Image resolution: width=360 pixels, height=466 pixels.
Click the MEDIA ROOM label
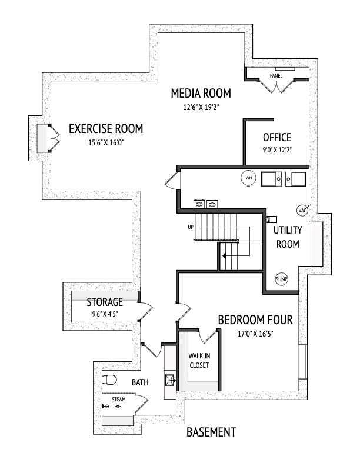(x=201, y=93)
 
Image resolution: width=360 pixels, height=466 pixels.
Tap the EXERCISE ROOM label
(x=106, y=128)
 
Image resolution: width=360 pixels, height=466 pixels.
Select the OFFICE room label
(x=277, y=138)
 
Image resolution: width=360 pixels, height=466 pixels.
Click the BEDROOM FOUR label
(x=255, y=320)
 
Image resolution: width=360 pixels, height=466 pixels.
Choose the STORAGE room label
(x=105, y=302)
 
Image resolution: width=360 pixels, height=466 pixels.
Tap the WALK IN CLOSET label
(x=199, y=361)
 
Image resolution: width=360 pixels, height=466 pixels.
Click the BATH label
(x=140, y=382)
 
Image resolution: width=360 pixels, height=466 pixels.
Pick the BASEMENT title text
(x=211, y=432)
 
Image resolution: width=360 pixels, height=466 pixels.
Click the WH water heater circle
(x=248, y=178)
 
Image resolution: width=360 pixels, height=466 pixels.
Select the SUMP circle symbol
(x=282, y=279)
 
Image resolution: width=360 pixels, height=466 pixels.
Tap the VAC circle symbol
(x=303, y=210)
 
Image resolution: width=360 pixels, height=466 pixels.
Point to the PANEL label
(x=276, y=76)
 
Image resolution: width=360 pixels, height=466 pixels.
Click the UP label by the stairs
(x=191, y=227)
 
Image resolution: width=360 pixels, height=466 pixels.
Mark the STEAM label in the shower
(x=119, y=400)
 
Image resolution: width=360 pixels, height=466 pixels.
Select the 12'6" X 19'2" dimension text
(x=201, y=107)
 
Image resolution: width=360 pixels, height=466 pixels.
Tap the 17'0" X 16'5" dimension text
(x=255, y=334)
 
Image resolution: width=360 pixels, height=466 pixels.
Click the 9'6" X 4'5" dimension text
(x=105, y=314)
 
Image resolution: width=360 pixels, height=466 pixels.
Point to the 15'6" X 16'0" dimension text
(x=106, y=142)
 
